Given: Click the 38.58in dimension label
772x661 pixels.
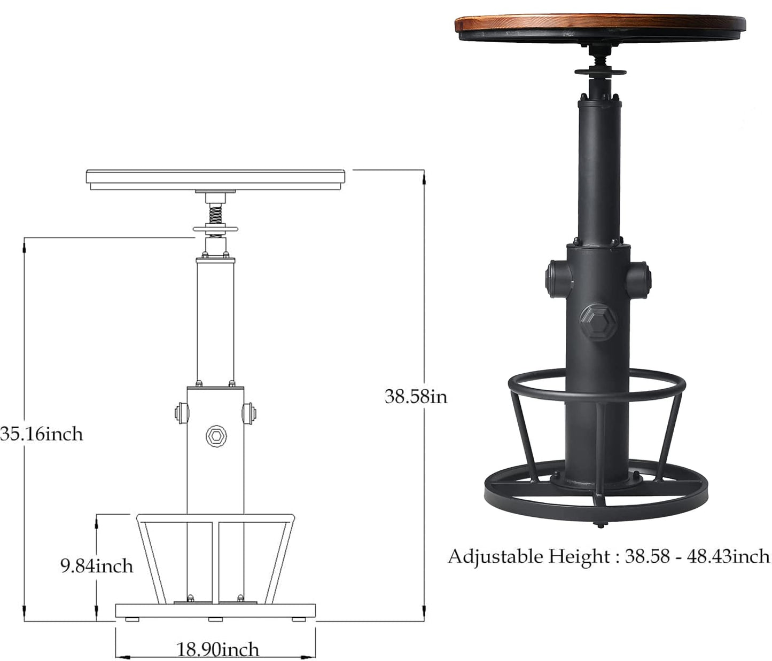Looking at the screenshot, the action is click(x=416, y=397).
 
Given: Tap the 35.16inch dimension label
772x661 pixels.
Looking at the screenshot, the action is click(x=42, y=435).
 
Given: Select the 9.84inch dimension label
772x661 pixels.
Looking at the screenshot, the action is click(x=97, y=566).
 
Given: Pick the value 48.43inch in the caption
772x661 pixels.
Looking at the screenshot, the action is click(x=728, y=556).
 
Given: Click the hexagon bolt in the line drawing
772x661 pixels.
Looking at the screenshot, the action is click(x=216, y=436).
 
